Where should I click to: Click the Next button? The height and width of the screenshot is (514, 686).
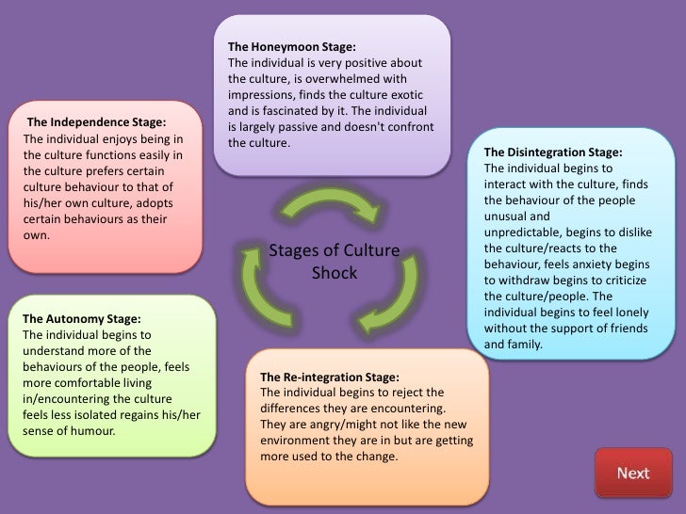[x=633, y=472]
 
